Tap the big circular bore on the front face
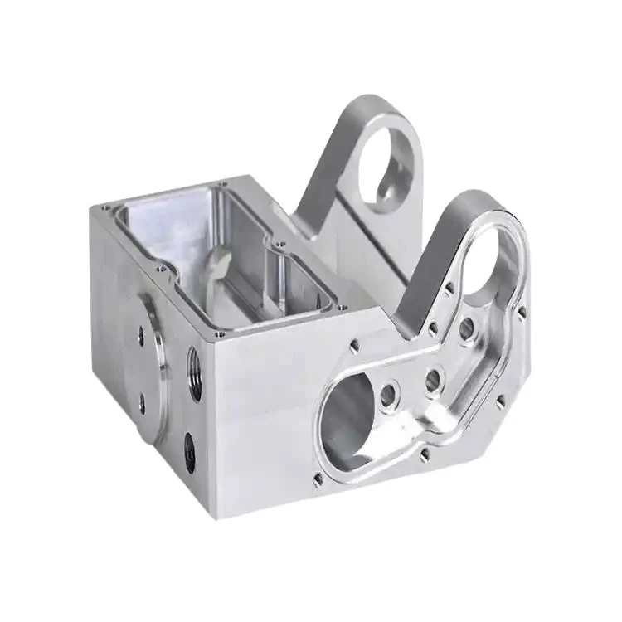click(x=348, y=419)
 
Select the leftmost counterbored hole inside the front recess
click(x=387, y=391)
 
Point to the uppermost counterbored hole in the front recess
click(x=468, y=328)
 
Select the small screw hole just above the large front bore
click(x=354, y=343)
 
